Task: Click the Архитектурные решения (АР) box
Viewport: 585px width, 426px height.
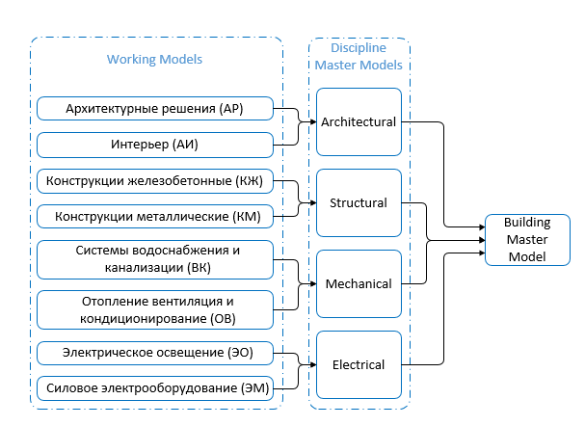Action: click(x=154, y=108)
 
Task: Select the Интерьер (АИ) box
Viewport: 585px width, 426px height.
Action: click(x=154, y=145)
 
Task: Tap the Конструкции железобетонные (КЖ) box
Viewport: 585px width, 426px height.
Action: click(x=154, y=180)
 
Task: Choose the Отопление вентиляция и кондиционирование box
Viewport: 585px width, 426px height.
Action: click(x=154, y=308)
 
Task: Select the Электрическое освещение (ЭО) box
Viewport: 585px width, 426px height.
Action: click(x=154, y=353)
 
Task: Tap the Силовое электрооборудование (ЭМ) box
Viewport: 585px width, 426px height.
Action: click(x=154, y=387)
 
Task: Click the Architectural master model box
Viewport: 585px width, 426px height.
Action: click(x=359, y=122)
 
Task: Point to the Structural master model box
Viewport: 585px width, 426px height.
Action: click(x=359, y=203)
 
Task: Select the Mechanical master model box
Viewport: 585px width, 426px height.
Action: click(x=359, y=284)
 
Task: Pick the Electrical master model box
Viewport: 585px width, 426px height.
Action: click(x=359, y=365)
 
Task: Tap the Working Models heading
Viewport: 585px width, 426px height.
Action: click(x=154, y=60)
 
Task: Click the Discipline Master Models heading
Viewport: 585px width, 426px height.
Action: click(x=359, y=58)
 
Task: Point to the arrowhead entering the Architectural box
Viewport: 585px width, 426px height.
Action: click(x=312, y=122)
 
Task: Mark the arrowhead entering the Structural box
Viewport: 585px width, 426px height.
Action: click(x=312, y=203)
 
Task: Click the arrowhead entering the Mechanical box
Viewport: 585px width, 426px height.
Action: click(x=312, y=284)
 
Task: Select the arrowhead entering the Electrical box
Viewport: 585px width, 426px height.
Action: click(x=312, y=365)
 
